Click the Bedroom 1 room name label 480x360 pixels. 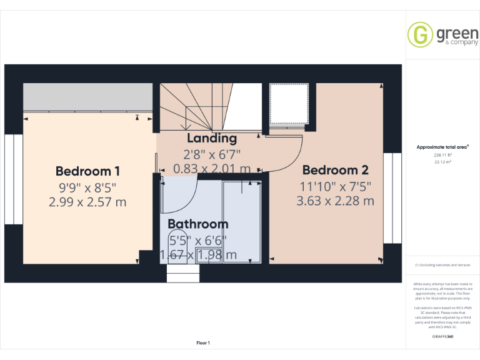pyautogui.click(x=87, y=171)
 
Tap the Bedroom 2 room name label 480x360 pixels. pyautogui.click(x=335, y=169)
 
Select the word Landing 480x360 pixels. pyautogui.click(x=212, y=138)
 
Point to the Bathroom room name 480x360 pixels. pyautogui.click(x=197, y=224)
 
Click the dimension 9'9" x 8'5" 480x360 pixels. pyautogui.click(x=87, y=187)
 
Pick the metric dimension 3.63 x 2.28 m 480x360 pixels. pyautogui.click(x=335, y=201)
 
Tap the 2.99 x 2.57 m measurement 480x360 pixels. pyautogui.click(x=87, y=202)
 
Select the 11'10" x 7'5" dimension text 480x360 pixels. pyautogui.click(x=335, y=186)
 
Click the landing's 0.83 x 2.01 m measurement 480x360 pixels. pyautogui.click(x=212, y=169)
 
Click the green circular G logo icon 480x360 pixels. pyautogui.click(x=421, y=35)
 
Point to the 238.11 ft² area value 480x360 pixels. pyautogui.click(x=442, y=155)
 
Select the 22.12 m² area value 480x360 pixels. pyautogui.click(x=442, y=161)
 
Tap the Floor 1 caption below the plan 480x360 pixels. pyautogui.click(x=203, y=342)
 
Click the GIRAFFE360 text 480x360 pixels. pyautogui.click(x=442, y=337)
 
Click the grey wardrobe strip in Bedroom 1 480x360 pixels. pyautogui.click(x=87, y=97)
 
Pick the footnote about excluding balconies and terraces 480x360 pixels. pyautogui.click(x=442, y=265)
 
